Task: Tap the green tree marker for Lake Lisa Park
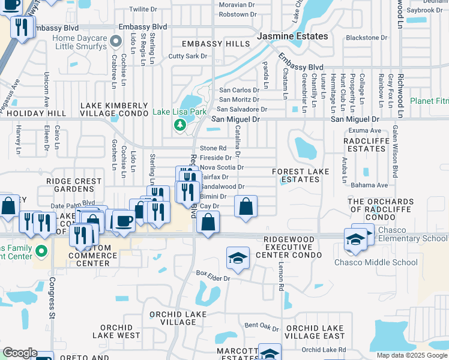point(179,125)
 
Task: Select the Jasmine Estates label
point(292,36)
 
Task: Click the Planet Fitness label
point(429,101)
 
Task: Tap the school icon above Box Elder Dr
point(238,258)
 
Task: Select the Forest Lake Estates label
point(300,175)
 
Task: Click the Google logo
point(20,353)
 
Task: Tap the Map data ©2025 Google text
point(412,355)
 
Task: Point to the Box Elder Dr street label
point(213,274)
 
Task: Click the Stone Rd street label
point(213,148)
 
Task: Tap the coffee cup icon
point(124,221)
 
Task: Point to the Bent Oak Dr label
point(262,326)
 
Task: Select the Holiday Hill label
point(36,113)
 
